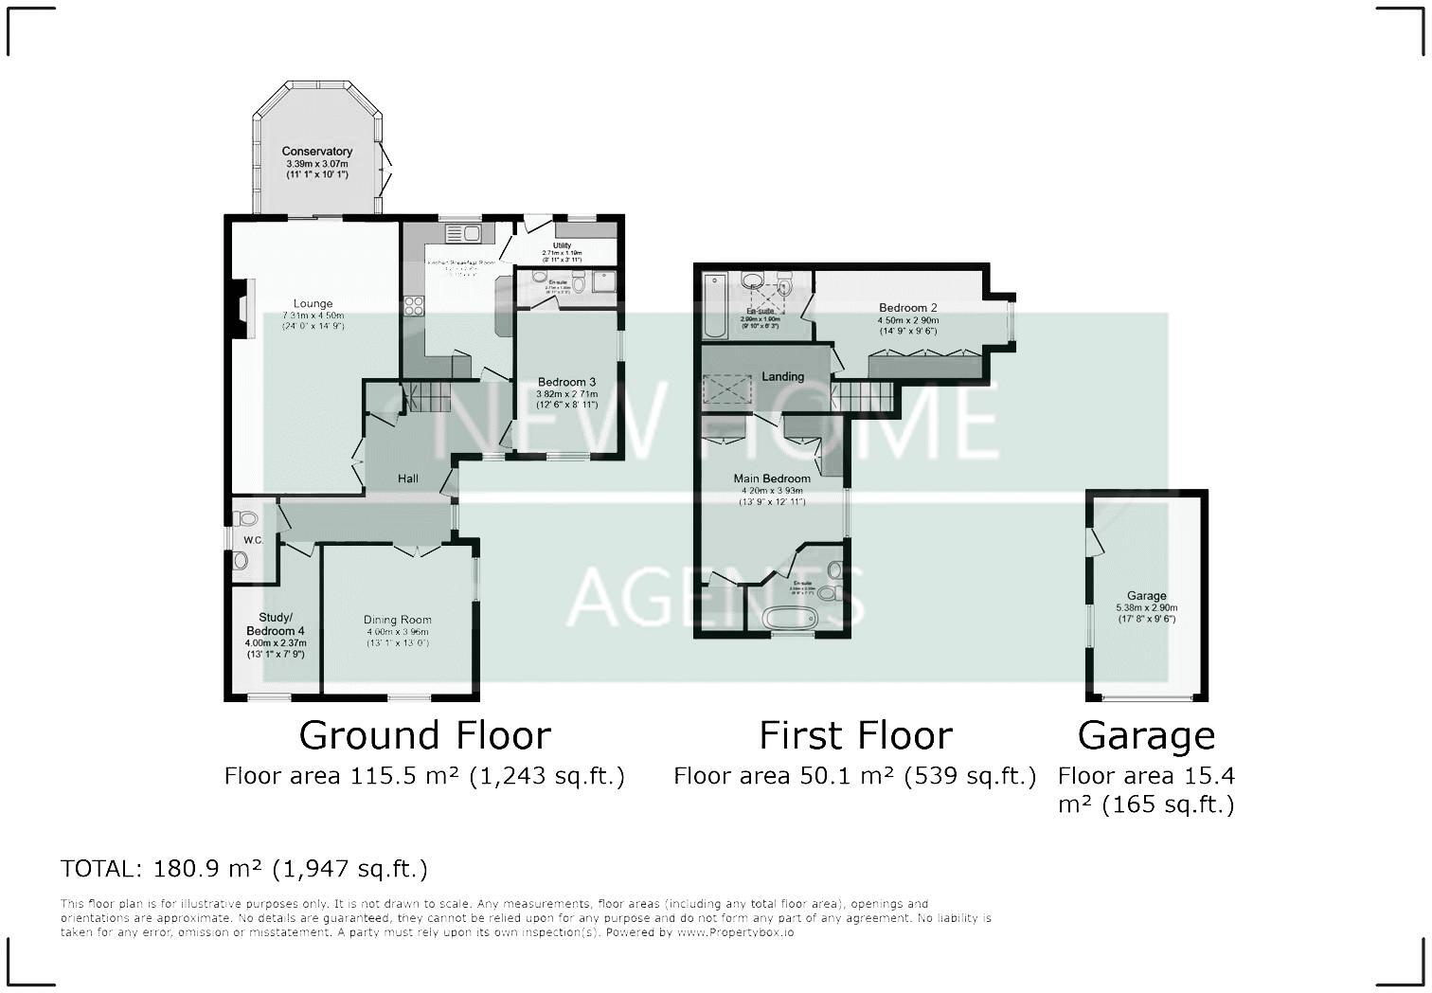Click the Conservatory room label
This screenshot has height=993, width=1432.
[316, 152]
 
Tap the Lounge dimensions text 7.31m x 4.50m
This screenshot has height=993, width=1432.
[313, 316]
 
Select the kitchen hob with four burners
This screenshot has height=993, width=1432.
[415, 305]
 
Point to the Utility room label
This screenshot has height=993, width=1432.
[562, 246]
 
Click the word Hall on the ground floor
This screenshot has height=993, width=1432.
[408, 478]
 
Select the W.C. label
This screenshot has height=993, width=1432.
[252, 540]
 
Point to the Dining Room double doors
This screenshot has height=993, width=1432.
[417, 550]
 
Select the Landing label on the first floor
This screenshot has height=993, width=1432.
[782, 376]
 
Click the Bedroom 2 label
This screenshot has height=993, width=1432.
[907, 308]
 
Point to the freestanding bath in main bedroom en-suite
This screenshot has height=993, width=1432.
[789, 617]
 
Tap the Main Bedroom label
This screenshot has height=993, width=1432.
[772, 478]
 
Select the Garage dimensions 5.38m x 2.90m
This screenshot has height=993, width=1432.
[1146, 607]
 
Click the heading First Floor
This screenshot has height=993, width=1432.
[855, 735]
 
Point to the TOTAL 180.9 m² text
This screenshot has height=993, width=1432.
[243, 868]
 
